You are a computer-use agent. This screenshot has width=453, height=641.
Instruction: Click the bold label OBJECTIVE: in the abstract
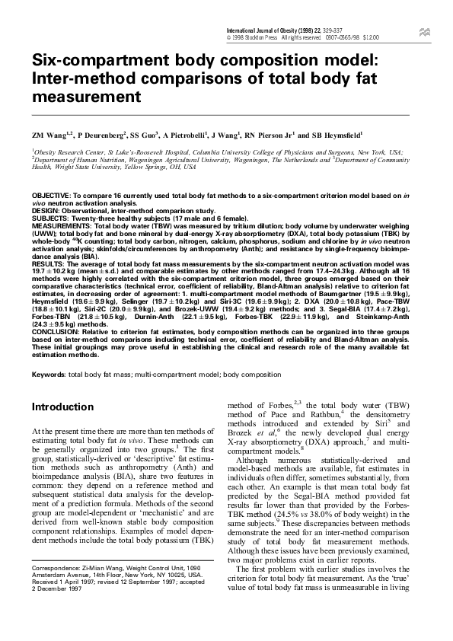(x=51, y=196)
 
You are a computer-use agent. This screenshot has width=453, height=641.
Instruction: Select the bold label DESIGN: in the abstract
(x=45, y=209)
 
